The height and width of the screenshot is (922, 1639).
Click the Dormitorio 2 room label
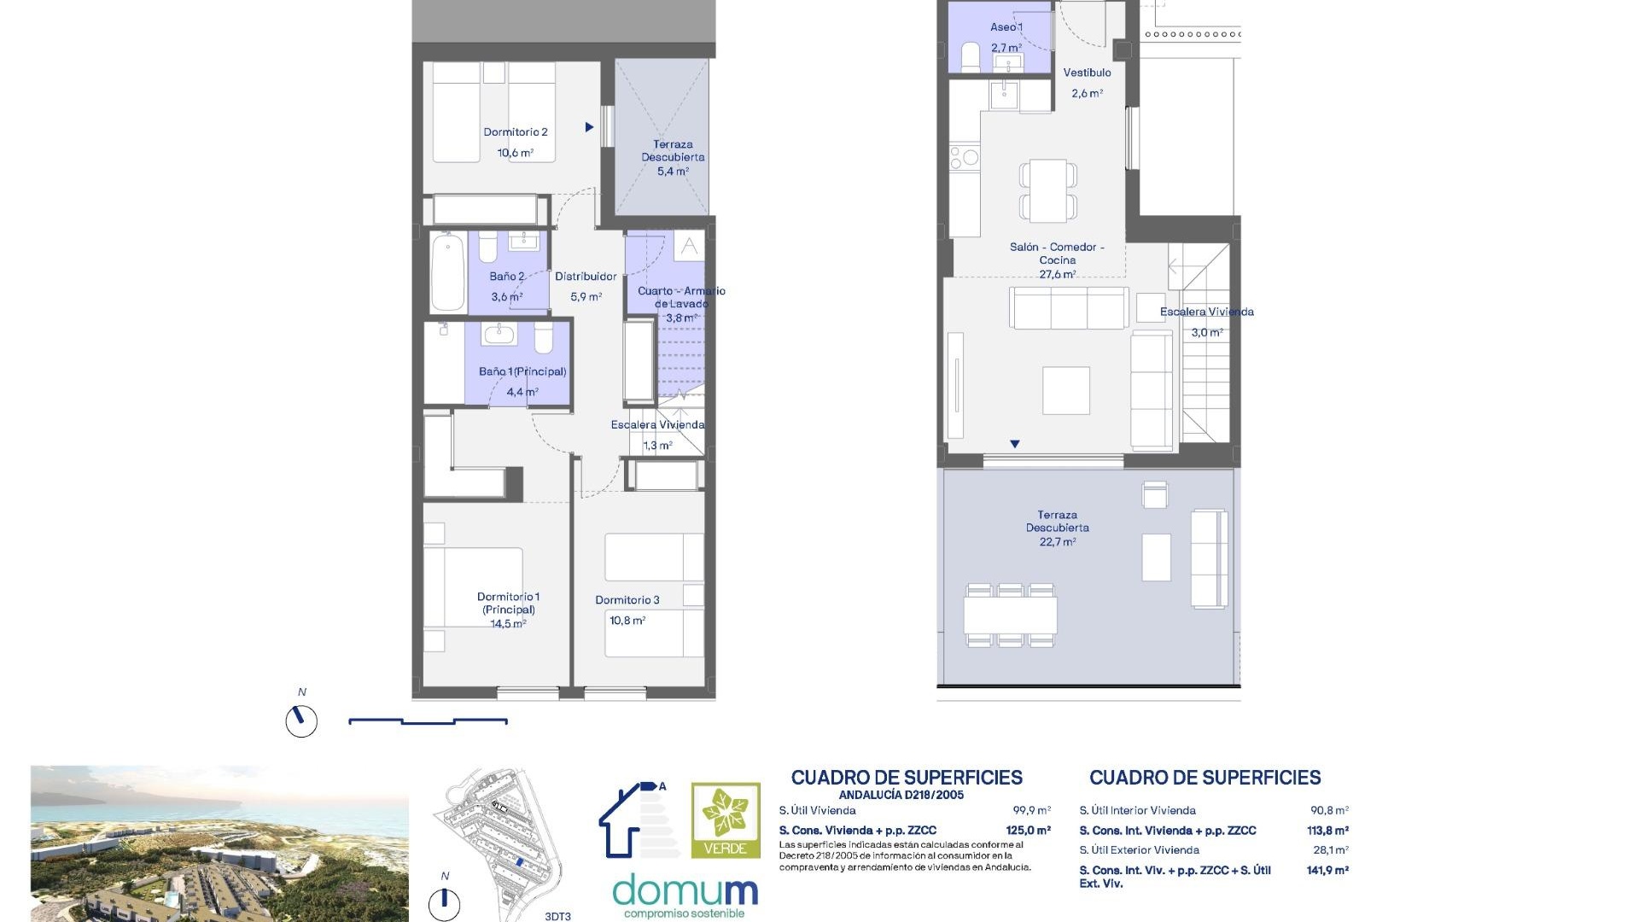tap(516, 132)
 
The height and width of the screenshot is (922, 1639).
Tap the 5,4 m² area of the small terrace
tap(673, 172)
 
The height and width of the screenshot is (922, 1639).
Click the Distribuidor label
tap(586, 277)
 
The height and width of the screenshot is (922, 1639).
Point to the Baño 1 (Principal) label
tap(522, 371)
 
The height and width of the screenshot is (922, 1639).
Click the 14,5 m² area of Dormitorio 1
tap(508, 624)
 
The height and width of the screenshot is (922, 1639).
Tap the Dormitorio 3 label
tap(627, 600)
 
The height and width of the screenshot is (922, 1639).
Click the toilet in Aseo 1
tap(971, 57)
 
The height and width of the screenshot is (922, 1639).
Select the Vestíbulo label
tap(1087, 73)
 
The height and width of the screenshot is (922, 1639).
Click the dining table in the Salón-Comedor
tap(1048, 190)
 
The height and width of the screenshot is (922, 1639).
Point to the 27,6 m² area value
tap(1058, 275)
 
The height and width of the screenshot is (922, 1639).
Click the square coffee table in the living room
tap(1066, 390)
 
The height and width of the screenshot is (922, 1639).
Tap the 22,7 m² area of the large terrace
tap(1058, 542)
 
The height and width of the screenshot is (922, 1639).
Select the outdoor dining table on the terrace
tap(1011, 615)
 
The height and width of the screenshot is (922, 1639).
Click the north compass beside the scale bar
tap(301, 721)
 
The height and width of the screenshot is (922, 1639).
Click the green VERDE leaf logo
tap(726, 820)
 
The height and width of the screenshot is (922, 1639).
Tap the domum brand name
tap(685, 891)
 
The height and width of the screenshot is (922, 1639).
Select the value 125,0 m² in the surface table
tap(1029, 831)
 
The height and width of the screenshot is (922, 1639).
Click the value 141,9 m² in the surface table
tap(1327, 871)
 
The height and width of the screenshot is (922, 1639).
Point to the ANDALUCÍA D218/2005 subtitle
tap(901, 795)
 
